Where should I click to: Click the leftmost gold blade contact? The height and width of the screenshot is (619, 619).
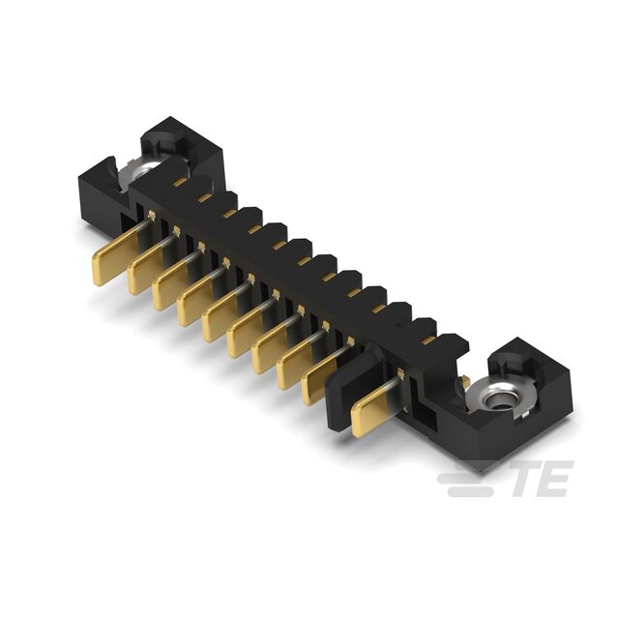click(114, 256)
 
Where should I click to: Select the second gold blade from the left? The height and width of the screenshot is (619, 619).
click(147, 269)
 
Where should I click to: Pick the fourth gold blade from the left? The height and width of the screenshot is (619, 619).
click(196, 301)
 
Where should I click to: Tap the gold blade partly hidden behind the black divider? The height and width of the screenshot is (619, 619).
click(318, 381)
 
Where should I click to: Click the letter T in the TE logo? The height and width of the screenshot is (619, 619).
click(528, 479)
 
